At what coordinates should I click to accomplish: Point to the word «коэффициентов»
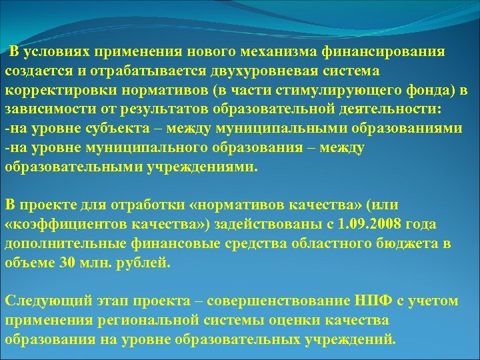pos(66,224)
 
